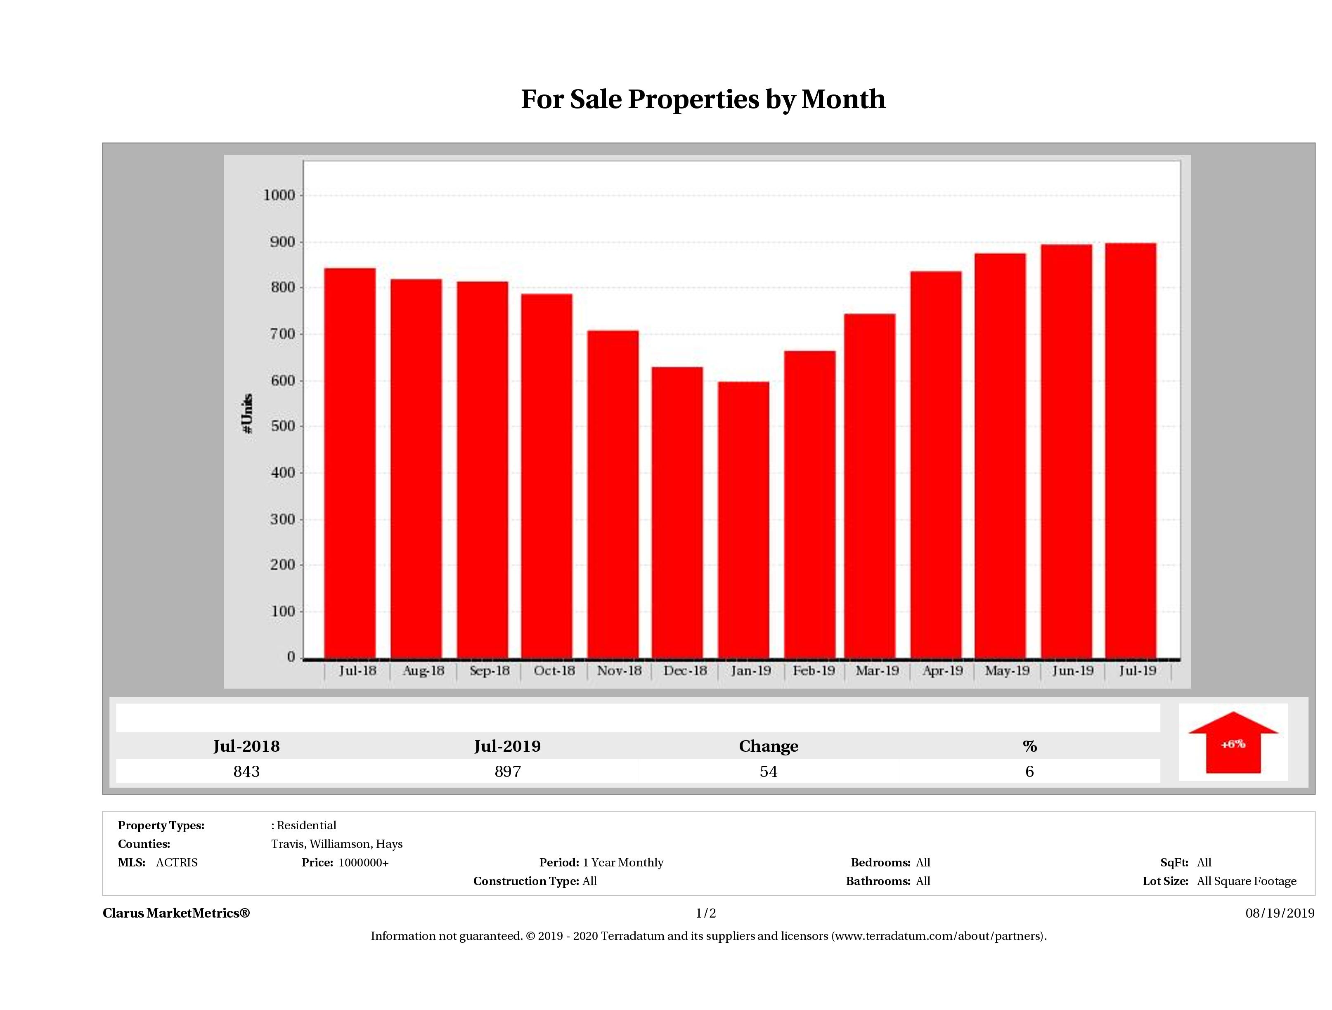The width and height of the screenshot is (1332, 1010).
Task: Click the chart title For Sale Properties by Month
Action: pos(703,99)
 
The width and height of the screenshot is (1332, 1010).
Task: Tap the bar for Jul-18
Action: pos(350,463)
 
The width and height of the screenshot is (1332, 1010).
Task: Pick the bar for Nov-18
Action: pos(613,495)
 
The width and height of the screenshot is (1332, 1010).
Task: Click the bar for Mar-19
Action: pos(870,486)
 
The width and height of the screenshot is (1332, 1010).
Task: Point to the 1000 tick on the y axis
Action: pos(279,195)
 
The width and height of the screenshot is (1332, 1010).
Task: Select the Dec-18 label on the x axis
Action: pos(685,670)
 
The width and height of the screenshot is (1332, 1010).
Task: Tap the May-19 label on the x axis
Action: pos(1007,670)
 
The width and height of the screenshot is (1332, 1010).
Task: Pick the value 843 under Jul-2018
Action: pos(246,772)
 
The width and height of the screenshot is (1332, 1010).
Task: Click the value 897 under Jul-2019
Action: pos(508,772)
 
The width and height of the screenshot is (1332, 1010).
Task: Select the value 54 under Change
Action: pos(769,772)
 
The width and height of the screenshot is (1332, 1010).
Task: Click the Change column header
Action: pos(769,746)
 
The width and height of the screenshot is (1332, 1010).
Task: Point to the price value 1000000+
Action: pos(364,863)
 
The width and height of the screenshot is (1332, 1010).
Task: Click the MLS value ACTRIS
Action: pos(176,863)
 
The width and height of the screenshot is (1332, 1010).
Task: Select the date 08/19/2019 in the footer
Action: pos(1280,913)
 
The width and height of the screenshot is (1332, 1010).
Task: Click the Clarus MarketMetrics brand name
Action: pos(176,913)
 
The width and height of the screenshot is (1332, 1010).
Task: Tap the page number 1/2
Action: pos(706,913)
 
